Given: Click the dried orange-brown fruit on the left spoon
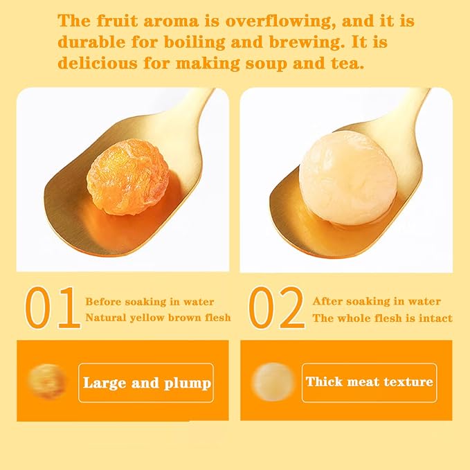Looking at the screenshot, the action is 128,177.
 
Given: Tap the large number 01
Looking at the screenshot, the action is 53,308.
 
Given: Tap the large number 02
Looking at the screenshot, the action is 277,308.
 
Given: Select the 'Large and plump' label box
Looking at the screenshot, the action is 146,383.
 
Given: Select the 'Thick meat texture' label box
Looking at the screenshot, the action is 370,383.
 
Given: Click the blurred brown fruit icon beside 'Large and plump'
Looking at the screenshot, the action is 46,381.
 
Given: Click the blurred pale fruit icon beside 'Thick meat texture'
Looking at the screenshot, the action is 273,381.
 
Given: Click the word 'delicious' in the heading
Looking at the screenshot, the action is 98,63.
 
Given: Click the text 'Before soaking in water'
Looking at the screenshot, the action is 150,302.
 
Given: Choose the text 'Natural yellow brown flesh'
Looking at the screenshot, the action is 158,318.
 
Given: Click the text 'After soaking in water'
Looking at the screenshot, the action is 377,301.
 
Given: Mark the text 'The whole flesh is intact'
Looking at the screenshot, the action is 382,318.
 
